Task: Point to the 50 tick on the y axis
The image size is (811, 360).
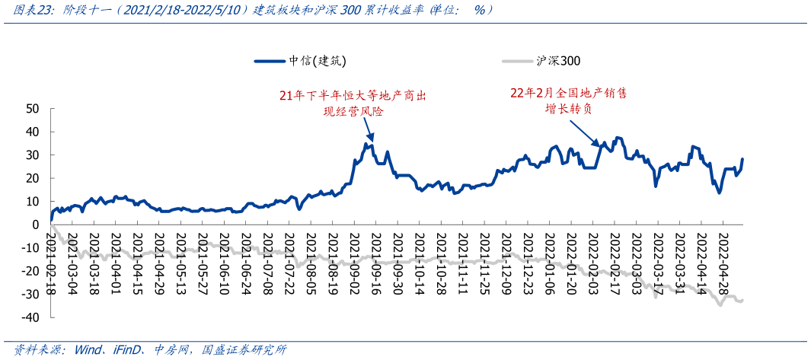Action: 32,109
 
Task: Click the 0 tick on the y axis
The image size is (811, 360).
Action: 36,225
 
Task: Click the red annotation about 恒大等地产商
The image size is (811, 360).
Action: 353,104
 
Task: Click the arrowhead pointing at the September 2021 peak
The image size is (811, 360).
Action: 371,141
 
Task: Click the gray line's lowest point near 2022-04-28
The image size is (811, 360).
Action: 720,304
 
